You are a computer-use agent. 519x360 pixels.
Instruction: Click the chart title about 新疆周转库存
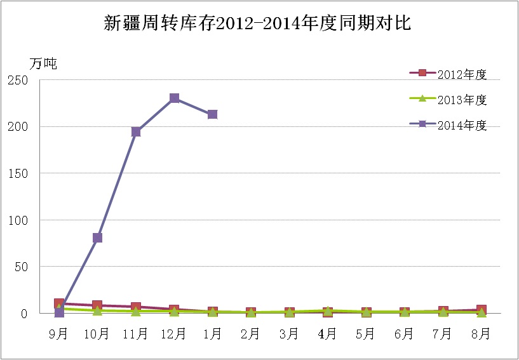259,24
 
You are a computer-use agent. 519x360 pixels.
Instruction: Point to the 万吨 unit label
43,63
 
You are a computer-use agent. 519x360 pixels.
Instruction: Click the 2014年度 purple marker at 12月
174,98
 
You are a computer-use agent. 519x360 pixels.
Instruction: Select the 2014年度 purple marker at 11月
136,131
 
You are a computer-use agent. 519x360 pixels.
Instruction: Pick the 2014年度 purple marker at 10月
97,237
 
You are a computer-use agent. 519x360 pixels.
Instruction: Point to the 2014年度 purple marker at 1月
213,114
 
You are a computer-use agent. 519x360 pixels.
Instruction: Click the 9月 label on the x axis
59,333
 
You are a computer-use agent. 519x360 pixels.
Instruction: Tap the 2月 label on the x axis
251,333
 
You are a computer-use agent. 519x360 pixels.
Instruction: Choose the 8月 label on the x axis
481,333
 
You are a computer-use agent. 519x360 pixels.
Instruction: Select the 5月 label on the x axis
366,333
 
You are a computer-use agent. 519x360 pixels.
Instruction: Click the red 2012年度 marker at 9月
59,303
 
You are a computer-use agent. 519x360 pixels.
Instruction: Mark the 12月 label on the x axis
174,333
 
